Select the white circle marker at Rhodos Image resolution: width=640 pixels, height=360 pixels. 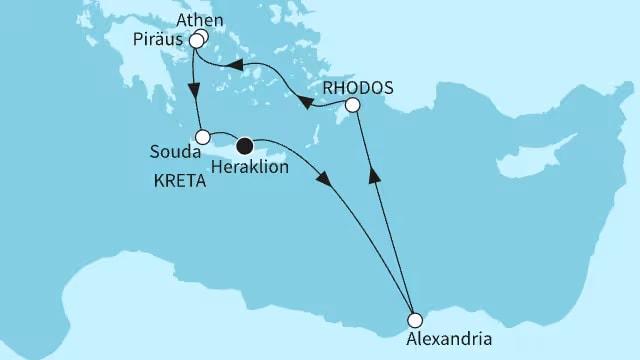(x=352, y=105)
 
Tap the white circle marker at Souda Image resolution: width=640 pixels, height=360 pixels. (x=202, y=136)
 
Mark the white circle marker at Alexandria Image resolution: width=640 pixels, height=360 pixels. (x=414, y=321)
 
